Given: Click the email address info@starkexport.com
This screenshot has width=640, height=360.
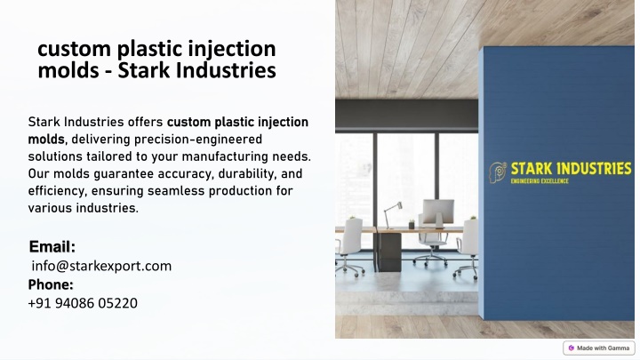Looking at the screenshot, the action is click(101, 266).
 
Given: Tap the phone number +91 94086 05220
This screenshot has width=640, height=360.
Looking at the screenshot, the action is click(83, 303).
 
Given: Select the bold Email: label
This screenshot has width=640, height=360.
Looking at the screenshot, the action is click(52, 246).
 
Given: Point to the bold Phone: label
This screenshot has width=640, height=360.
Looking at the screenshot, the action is click(51, 284).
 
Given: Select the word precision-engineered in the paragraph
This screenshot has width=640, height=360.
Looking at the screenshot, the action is click(198, 140).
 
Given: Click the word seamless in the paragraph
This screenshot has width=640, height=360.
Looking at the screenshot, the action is click(176, 191).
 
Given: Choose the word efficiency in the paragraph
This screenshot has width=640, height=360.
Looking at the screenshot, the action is click(56, 191).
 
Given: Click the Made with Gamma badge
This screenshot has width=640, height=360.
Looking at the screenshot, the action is click(599, 348).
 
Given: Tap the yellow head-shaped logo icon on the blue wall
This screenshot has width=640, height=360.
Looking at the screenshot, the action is click(498, 172).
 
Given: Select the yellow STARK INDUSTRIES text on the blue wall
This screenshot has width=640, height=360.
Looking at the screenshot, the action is click(571, 169).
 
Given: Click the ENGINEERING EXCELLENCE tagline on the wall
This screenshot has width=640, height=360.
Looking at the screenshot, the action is click(540, 180).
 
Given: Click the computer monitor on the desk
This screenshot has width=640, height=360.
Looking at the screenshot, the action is click(438, 213).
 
